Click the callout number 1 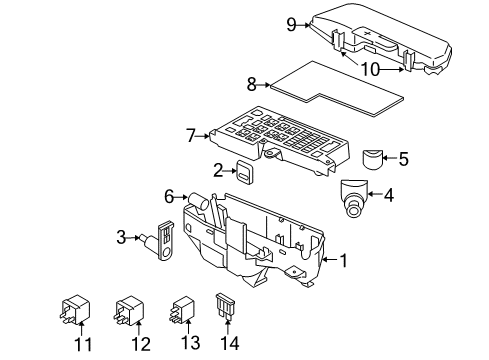point(344,262)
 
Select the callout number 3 point(121,237)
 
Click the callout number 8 point(252,86)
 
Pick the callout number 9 point(291,25)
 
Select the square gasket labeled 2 point(243,171)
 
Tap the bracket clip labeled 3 point(164,239)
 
